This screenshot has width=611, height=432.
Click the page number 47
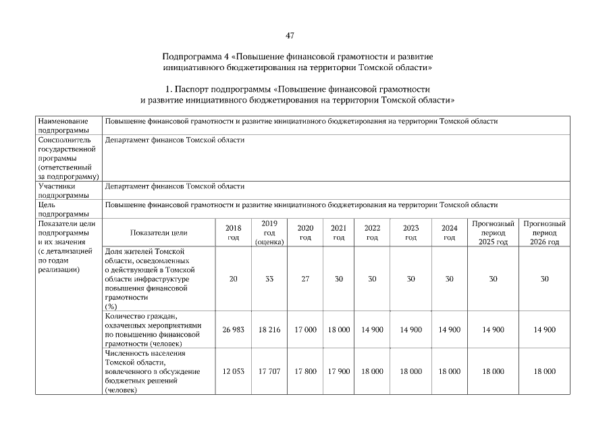click(x=290, y=35)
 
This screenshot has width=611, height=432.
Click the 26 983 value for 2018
click(x=233, y=330)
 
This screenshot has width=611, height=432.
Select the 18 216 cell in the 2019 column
click(x=269, y=330)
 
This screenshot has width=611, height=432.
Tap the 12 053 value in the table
click(x=233, y=371)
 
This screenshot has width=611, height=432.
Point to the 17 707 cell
click(x=269, y=371)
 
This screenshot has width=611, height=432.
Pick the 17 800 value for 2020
click(x=305, y=371)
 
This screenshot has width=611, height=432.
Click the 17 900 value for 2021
click(x=339, y=371)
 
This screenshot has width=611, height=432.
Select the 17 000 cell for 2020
click(x=305, y=330)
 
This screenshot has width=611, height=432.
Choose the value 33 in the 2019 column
click(x=269, y=279)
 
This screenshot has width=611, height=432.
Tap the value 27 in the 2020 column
click(x=305, y=279)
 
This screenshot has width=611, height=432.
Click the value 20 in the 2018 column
click(x=233, y=279)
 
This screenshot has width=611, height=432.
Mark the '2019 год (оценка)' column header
click(x=269, y=232)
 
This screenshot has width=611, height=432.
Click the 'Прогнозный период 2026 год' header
click(x=544, y=232)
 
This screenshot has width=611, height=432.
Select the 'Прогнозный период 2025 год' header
click(x=493, y=232)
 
